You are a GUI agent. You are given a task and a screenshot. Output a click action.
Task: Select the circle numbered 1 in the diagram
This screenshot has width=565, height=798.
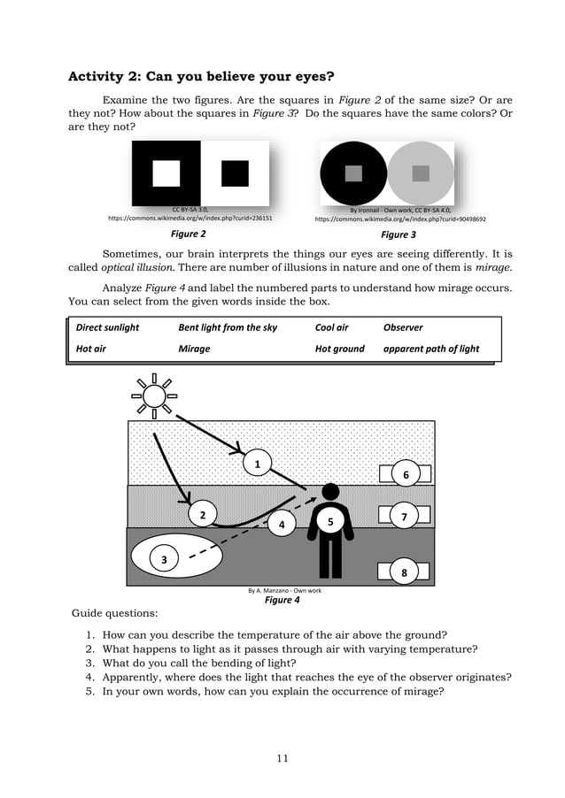click(x=257, y=464)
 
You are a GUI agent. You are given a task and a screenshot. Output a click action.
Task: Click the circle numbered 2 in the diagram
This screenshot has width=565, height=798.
click(x=203, y=515)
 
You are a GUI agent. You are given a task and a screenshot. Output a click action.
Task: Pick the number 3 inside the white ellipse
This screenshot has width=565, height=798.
click(x=164, y=559)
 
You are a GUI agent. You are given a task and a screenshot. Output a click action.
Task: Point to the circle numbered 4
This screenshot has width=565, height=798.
click(x=282, y=524)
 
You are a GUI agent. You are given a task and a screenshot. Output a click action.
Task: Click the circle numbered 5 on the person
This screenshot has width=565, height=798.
click(x=330, y=522)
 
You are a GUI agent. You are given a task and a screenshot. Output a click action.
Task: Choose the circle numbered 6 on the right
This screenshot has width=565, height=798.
click(x=406, y=475)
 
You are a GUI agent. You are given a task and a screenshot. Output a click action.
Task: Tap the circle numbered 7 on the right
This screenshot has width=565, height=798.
click(x=404, y=516)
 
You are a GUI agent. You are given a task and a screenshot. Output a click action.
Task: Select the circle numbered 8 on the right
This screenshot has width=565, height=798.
click(x=404, y=572)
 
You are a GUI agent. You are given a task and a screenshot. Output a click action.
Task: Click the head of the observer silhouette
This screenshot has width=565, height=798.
click(x=330, y=491)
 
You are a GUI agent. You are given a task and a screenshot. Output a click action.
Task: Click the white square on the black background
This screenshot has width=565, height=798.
click(x=166, y=173)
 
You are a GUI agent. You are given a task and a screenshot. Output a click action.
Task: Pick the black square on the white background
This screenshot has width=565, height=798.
click(x=235, y=173)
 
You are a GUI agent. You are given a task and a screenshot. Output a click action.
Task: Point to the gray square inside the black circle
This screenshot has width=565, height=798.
click(x=353, y=173)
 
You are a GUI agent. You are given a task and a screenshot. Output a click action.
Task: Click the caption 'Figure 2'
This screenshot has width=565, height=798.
click(x=188, y=234)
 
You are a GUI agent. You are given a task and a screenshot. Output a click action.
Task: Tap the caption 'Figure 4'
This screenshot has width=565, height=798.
click(x=282, y=600)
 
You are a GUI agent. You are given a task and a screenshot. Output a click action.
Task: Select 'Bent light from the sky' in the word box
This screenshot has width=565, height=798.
click(x=228, y=327)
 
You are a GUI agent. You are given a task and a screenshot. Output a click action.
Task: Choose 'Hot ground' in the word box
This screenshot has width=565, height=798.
click(x=340, y=349)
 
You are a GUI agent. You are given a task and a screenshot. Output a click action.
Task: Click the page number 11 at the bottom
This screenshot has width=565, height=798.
click(x=282, y=757)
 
